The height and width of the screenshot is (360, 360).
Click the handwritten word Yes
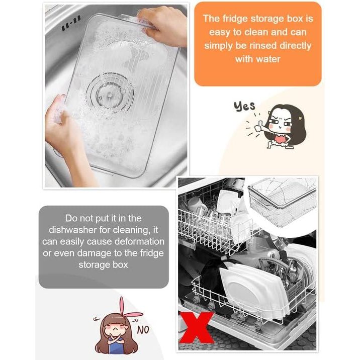pyautogui.click(x=244, y=106)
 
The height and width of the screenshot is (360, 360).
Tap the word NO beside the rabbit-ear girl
pyautogui.click(x=143, y=330)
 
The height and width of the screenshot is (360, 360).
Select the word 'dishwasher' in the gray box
pyautogui.click(x=73, y=230)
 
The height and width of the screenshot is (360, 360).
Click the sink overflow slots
pyautogui.click(x=71, y=24)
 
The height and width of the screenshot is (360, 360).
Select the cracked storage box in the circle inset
pyautogui.click(x=283, y=202)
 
